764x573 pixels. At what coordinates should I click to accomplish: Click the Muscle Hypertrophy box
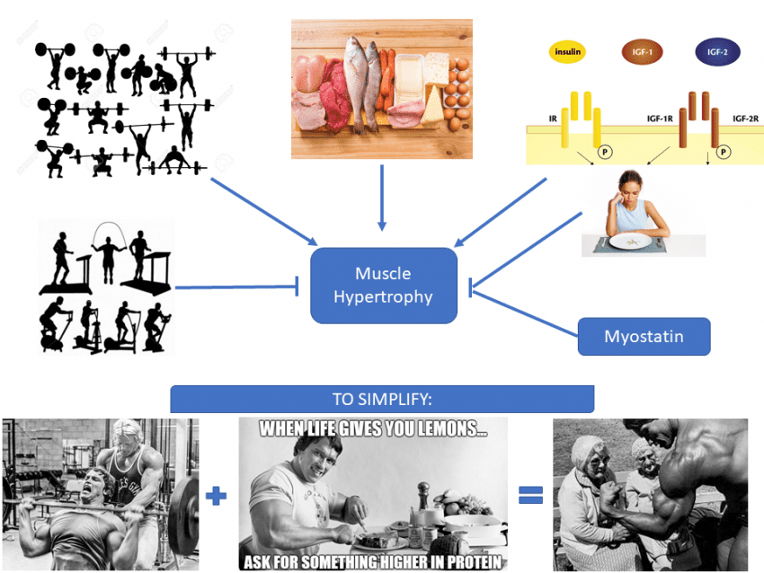click(384, 285)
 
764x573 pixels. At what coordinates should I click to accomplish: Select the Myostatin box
click(644, 337)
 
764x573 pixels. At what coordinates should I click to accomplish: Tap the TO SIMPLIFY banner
click(382, 399)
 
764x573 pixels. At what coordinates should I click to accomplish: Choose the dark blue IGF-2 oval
click(716, 52)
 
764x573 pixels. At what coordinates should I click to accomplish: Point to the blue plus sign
click(217, 495)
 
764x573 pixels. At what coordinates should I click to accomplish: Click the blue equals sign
click(530, 495)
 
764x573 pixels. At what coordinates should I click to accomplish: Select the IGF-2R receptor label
click(743, 118)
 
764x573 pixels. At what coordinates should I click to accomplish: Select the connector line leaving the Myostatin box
click(526, 313)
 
